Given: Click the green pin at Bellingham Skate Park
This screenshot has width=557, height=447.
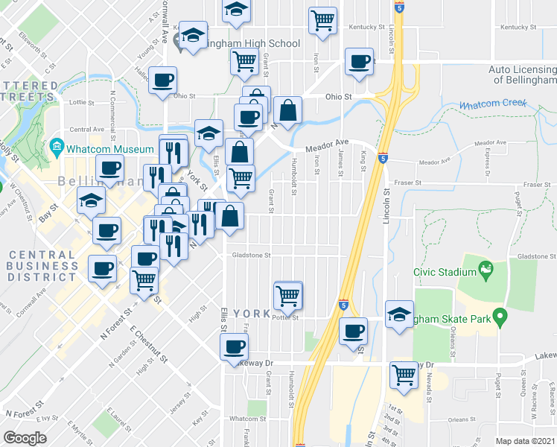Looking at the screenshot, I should [500, 318].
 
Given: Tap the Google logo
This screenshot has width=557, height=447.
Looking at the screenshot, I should [24, 438].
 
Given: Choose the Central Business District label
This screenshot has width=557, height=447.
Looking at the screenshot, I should [42, 266].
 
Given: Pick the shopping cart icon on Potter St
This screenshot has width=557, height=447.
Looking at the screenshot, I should [288, 295].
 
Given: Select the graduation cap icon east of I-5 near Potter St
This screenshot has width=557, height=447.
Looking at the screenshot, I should [400, 314].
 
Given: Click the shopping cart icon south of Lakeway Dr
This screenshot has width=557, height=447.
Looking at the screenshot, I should [404, 375].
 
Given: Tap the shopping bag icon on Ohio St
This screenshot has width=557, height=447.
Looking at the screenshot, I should [287, 111].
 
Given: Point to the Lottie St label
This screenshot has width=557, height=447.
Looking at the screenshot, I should [79, 101].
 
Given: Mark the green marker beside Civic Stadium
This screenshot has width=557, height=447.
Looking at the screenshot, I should [486, 267].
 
